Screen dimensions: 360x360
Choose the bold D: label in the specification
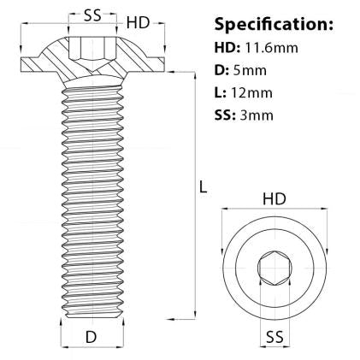[x=221, y=70]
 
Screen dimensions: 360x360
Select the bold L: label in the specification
[x=221, y=92]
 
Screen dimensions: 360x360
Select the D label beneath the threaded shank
[x=91, y=338]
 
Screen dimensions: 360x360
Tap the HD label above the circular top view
[x=274, y=198]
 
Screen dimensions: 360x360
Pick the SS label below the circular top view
[x=274, y=335]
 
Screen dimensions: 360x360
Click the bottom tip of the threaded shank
[x=91, y=317]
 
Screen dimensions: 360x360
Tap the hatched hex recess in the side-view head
[x=86, y=48]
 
